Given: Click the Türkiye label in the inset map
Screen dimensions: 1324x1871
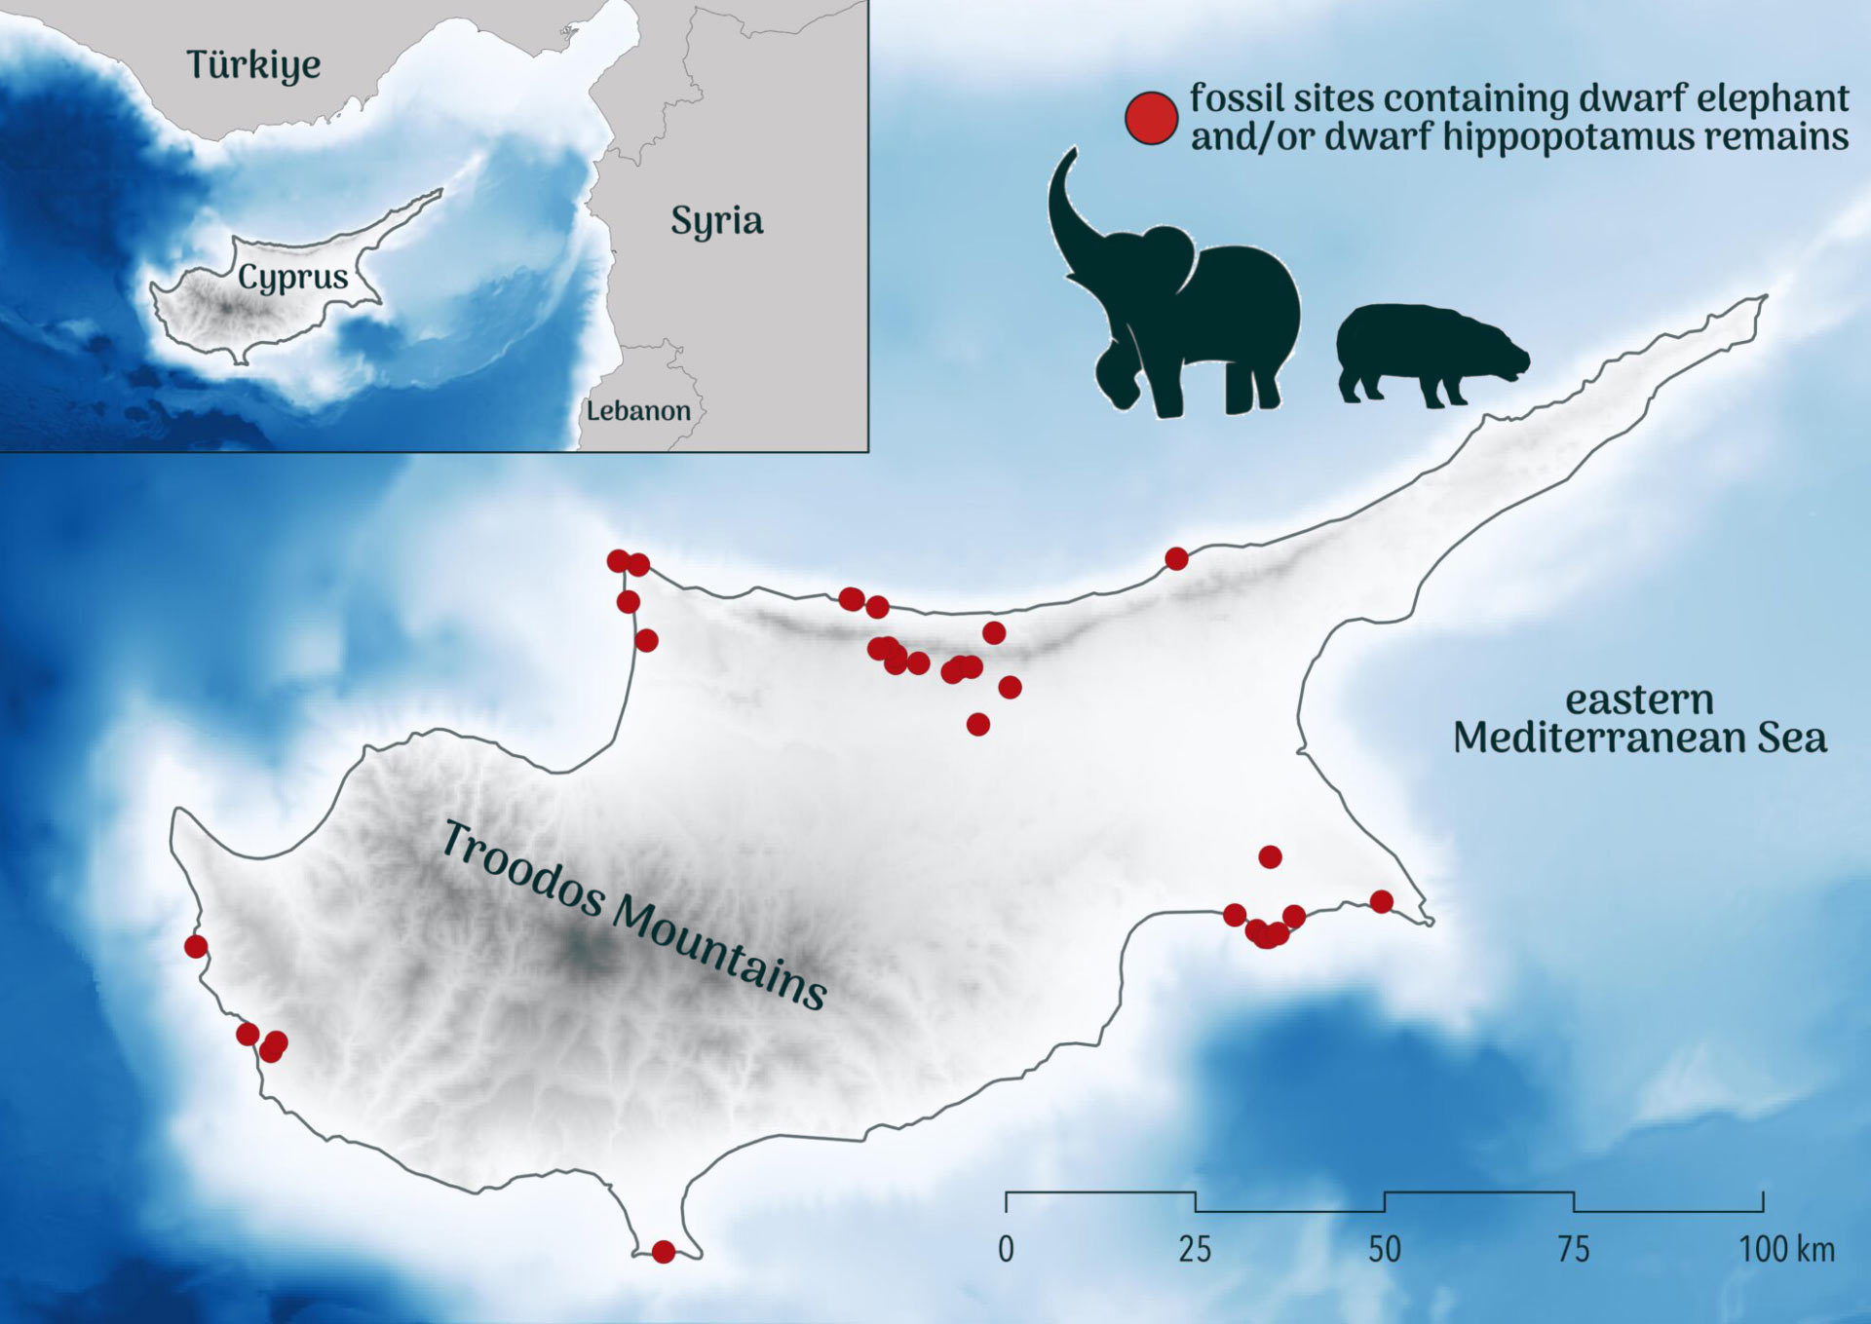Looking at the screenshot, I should [253, 64].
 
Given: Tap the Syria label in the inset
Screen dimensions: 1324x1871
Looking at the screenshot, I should [716, 221].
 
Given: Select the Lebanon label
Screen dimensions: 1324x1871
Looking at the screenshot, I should [638, 411].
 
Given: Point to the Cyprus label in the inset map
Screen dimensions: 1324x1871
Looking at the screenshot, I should [292, 278].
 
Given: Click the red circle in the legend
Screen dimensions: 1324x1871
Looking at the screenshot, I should [1151, 119].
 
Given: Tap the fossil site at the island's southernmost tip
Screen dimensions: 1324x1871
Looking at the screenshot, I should [663, 1252].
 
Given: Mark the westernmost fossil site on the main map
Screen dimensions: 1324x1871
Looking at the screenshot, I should [196, 946].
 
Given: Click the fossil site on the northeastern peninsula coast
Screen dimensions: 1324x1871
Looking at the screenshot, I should [1176, 558].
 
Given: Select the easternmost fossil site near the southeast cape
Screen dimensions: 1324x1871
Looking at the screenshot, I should [1381, 901].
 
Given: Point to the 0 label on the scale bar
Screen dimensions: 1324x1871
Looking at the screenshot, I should [1006, 1249].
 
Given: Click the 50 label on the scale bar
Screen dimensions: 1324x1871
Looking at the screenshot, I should [1385, 1249].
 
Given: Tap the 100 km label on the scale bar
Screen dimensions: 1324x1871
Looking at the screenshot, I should [1786, 1249].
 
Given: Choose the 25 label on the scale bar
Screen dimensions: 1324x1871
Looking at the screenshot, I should [1195, 1249].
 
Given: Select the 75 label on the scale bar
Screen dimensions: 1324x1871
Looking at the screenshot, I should [1574, 1249].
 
